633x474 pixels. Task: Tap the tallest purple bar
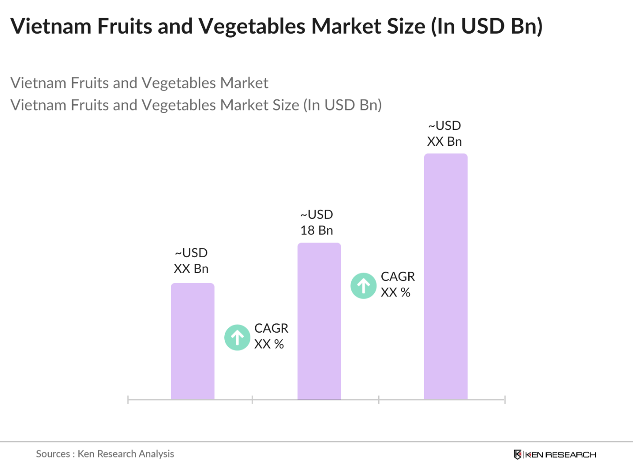coord(445,277)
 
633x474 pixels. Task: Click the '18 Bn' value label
coord(316,230)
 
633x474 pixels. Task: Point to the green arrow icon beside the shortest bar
coord(238,337)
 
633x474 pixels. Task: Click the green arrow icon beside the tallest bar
coord(363,286)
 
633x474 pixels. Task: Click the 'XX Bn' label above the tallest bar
coord(444,141)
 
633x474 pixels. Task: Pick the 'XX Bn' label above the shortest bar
coord(191,269)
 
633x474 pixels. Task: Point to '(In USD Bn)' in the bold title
coord(487,26)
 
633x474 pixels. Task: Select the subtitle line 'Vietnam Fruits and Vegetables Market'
coord(139,83)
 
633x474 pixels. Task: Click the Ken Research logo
coord(555,455)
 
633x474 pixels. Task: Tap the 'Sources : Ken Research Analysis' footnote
coord(105,454)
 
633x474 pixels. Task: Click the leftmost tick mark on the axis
coord(128,400)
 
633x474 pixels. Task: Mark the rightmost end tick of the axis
coord(505,400)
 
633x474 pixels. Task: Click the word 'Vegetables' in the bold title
coord(252,26)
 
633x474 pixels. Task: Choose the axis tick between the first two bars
coord(252,400)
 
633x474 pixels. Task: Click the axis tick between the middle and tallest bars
coord(379,400)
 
